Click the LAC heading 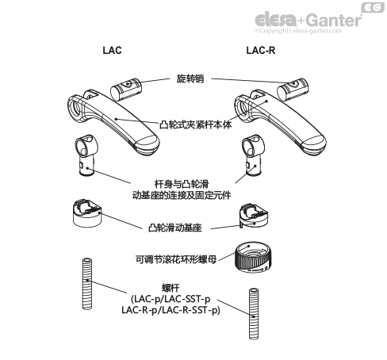[112, 50]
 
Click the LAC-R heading [261, 50]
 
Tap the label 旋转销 [190, 79]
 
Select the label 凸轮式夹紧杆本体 [196, 124]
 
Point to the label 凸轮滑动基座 [175, 228]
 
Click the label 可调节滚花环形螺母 [176, 259]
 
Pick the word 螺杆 [171, 288]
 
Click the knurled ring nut [253, 257]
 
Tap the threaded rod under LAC [87, 284]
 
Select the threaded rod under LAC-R [254, 314]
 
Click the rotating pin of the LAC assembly [126, 89]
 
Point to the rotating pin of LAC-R [293, 89]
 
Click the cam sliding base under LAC [87, 213]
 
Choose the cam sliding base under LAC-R [254, 216]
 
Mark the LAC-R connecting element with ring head [253, 155]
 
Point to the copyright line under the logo [298, 31]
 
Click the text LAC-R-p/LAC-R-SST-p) [171, 310]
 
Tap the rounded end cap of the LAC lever [147, 145]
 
